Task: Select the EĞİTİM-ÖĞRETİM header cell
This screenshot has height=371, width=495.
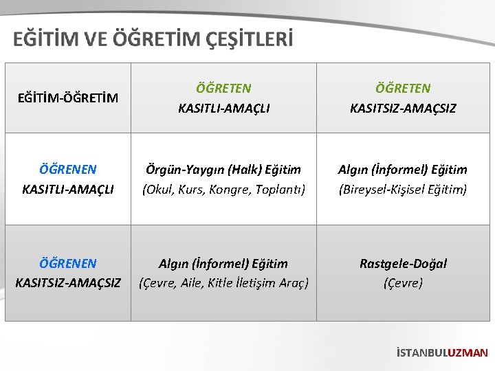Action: (x=68, y=98)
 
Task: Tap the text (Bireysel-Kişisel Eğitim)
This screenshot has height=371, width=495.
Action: (x=403, y=189)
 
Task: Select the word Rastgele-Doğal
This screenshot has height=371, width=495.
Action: (x=403, y=264)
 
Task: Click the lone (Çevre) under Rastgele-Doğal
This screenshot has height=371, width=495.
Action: (x=403, y=282)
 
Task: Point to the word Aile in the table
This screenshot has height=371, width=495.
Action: (x=194, y=282)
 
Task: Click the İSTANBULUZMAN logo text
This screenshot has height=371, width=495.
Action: (x=442, y=353)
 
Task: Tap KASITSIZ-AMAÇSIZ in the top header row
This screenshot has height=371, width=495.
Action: (x=403, y=109)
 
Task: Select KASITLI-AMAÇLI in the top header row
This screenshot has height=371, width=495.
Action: (x=223, y=109)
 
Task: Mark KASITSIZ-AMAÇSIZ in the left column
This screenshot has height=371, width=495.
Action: (x=68, y=282)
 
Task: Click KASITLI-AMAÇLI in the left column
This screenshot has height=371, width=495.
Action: (x=68, y=189)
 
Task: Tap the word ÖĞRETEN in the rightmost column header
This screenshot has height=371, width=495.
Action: (x=403, y=89)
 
